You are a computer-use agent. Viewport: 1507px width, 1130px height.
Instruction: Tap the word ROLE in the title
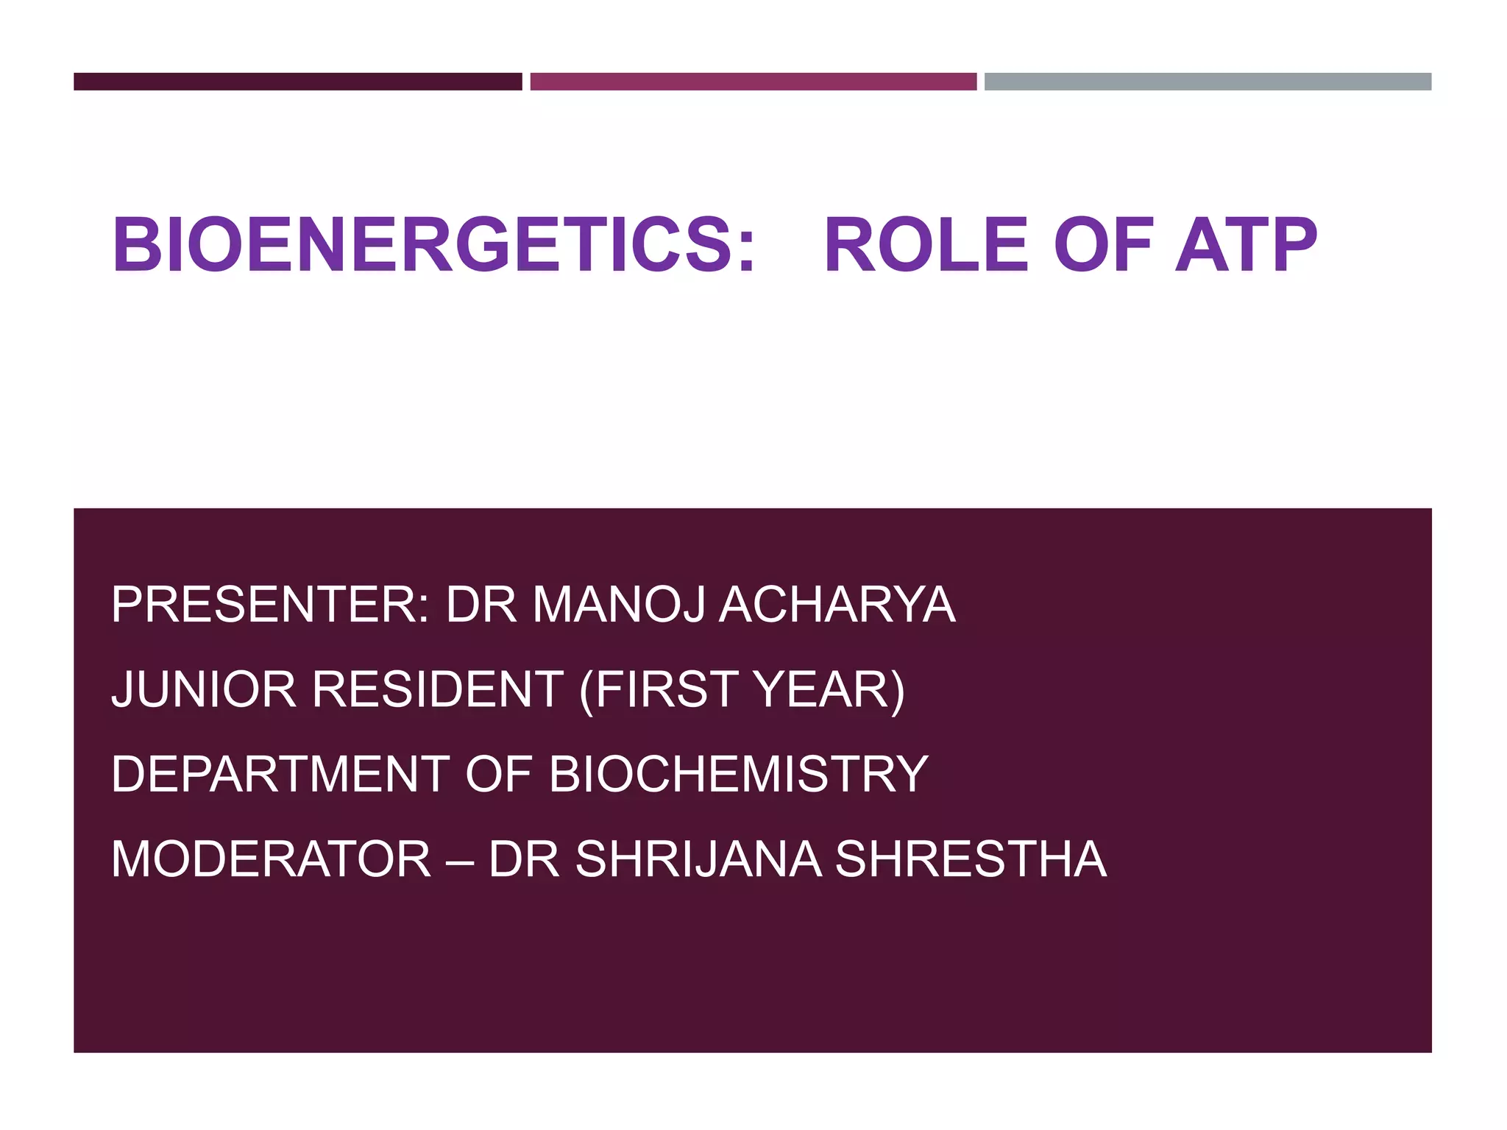point(926,245)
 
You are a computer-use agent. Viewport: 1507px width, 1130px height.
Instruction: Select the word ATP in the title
point(1246,245)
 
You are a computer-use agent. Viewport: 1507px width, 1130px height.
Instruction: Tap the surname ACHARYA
point(837,605)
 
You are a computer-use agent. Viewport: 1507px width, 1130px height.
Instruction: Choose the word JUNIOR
point(203,689)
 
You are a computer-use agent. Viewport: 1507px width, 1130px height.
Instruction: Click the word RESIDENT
point(438,689)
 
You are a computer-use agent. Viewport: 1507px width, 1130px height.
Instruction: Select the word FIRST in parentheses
point(666,689)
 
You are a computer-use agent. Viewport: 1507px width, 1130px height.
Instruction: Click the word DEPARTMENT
point(280,774)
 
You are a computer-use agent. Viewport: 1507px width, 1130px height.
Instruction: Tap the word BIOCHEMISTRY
point(738,774)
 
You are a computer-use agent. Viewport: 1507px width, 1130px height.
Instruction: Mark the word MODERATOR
point(271,859)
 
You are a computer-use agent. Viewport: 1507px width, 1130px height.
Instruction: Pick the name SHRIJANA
point(698,859)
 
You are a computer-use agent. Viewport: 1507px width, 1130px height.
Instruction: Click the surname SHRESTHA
point(971,859)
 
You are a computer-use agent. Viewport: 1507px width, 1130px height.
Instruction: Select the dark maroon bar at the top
point(297,82)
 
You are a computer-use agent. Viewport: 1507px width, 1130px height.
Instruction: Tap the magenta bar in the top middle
point(753,82)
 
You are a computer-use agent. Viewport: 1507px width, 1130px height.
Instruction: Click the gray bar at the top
point(1208,82)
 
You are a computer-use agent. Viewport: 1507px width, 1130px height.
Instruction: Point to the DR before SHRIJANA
point(525,859)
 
